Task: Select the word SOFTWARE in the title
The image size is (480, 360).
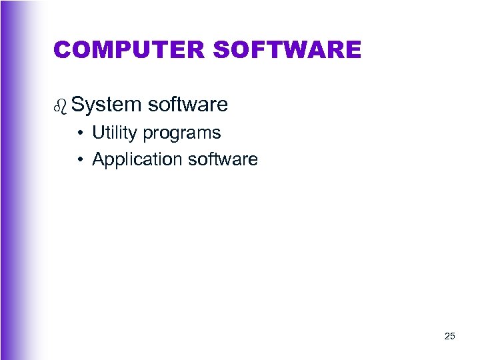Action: (288, 49)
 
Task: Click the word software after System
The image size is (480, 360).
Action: (188, 105)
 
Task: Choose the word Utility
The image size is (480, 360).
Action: (114, 133)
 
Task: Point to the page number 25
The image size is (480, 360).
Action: (449, 336)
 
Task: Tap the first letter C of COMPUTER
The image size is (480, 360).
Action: (63, 49)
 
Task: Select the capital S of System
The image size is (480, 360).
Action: (78, 105)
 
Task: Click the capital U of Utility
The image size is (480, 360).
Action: (98, 133)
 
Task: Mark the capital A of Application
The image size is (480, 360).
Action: (99, 159)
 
